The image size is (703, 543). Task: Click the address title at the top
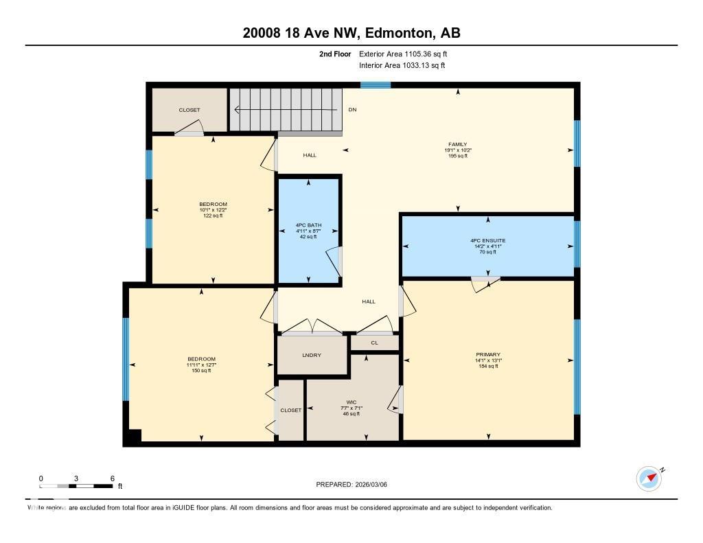(351, 33)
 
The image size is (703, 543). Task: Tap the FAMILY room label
(458, 145)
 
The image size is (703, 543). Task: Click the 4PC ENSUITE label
(487, 241)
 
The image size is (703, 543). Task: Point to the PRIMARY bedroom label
(487, 355)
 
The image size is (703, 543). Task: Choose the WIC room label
(351, 402)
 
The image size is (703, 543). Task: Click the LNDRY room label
(311, 355)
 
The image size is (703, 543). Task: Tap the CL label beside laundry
(374, 342)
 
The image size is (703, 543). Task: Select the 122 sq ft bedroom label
(213, 205)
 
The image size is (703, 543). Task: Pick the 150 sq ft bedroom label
(201, 360)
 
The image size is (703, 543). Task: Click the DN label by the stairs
(352, 109)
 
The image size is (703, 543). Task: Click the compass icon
(649, 478)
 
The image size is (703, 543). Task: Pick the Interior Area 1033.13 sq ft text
(402, 66)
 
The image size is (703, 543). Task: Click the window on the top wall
(376, 85)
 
